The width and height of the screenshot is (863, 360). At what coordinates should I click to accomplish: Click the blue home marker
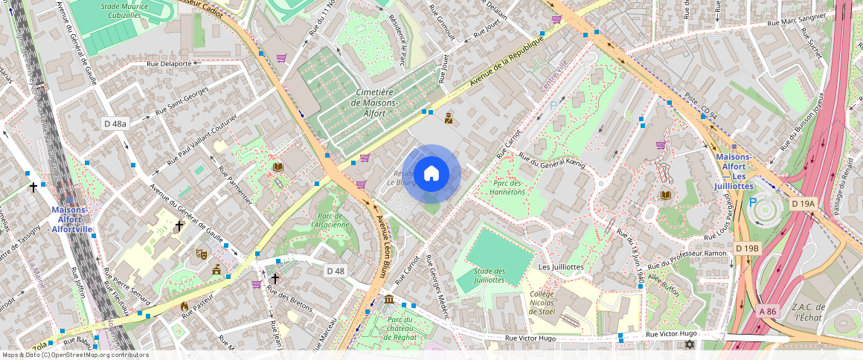coord(431,174)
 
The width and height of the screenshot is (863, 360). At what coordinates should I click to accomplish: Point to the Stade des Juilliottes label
coord(489,275)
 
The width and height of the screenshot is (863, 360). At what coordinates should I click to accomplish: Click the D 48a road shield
coord(115,123)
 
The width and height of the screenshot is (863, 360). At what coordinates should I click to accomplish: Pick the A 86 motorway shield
coord(768,310)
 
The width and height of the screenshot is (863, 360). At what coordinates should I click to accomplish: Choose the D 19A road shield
coord(803,204)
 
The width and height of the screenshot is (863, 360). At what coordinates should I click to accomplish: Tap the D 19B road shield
coord(747,248)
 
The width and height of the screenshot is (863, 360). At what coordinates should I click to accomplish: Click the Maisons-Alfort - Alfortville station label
coord(72,219)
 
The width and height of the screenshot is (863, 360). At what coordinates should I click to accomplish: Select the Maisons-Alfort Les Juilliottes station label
coord(734,171)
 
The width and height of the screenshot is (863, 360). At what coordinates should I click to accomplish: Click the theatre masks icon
coord(200,254)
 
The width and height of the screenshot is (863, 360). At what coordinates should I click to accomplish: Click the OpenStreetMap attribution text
coord(75,355)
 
